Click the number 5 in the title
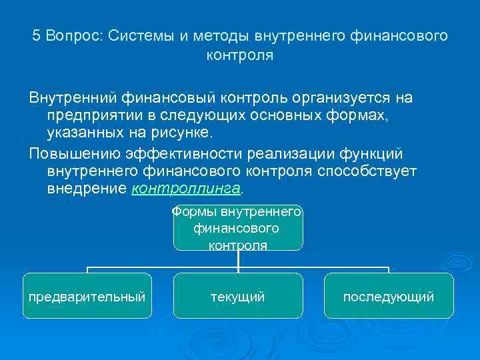pos(37,35)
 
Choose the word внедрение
pos(86,189)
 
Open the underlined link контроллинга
pos(185,189)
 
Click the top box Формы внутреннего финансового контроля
pos(238,229)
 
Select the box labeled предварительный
pos(87,296)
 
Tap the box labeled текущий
pos(238,296)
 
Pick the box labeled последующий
pos(389,296)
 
